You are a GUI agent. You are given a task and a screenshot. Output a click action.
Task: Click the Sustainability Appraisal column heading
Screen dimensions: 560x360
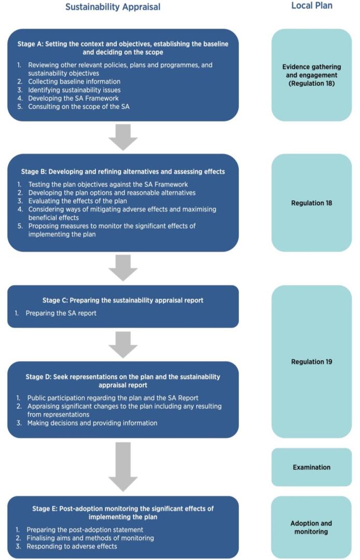click(113, 7)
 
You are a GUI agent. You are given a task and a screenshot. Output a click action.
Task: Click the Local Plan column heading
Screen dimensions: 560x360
click(311, 6)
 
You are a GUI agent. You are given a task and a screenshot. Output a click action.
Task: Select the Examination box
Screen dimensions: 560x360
click(311, 467)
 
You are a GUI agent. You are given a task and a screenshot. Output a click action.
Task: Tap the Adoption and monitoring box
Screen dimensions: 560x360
click(311, 527)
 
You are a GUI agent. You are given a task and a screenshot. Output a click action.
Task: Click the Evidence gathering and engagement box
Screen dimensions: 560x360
click(311, 75)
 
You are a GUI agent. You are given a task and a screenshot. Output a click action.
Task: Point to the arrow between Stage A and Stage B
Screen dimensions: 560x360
click(123, 137)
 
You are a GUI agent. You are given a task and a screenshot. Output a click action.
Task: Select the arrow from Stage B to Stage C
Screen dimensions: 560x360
click(123, 268)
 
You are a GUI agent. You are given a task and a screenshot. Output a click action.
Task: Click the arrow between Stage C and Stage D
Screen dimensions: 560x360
click(123, 344)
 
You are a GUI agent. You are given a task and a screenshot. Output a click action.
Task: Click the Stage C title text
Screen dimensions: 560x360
click(123, 300)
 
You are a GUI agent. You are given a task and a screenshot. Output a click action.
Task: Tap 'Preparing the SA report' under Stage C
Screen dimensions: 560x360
click(61, 313)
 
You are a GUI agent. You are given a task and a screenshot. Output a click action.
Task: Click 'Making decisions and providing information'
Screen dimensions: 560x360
click(92, 423)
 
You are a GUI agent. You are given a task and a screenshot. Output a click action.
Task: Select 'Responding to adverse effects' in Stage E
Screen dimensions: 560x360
click(72, 547)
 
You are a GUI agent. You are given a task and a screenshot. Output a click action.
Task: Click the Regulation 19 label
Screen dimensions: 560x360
click(311, 361)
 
